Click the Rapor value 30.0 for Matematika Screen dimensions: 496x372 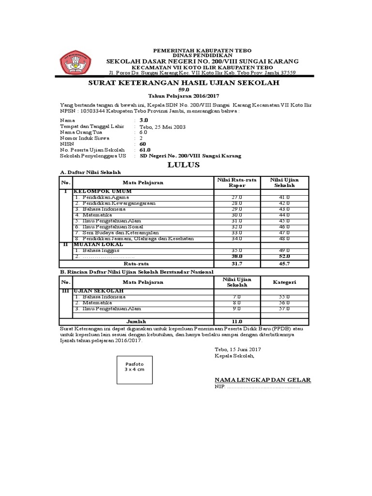pos(237,215)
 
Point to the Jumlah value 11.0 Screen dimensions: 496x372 pos(237,321)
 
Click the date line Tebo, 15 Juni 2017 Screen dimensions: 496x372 pos(238,350)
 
